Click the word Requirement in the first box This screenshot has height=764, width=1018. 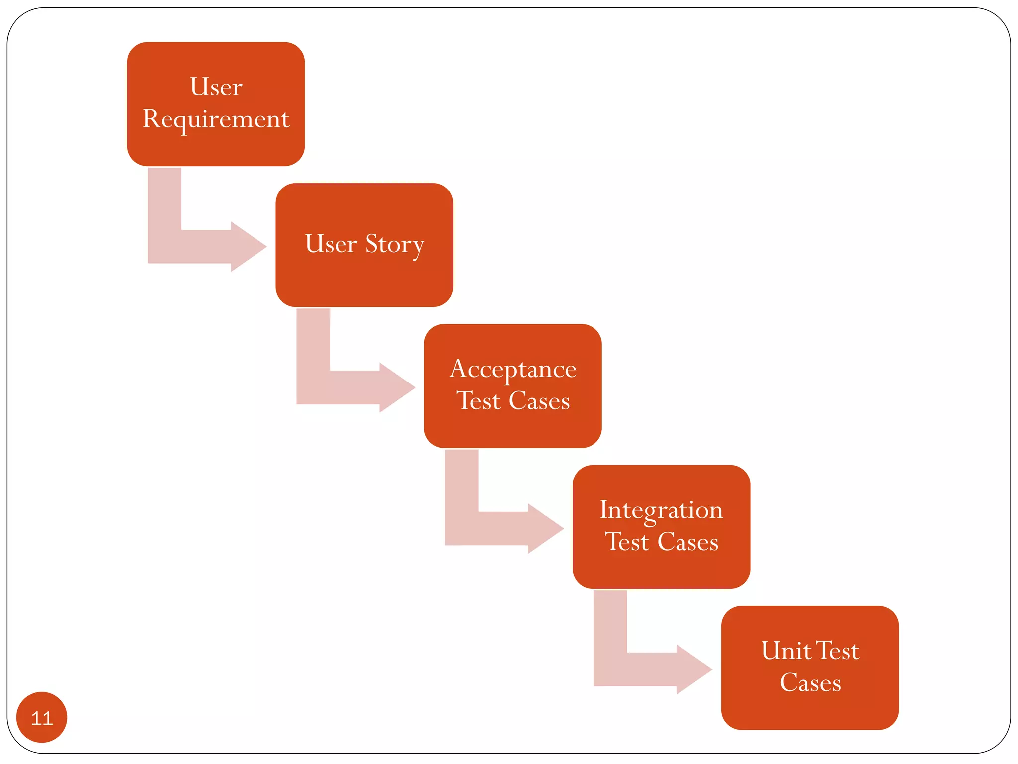[x=216, y=119]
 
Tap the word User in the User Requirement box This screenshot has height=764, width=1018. [x=216, y=87]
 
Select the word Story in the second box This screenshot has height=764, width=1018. [x=395, y=245]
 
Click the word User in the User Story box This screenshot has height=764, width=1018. [x=331, y=244]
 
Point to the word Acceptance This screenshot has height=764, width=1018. [x=513, y=370]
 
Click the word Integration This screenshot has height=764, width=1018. [x=661, y=510]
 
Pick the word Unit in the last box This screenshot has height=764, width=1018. [x=786, y=651]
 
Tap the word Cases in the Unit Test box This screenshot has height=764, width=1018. [x=810, y=683]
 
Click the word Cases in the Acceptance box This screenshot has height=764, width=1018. [x=539, y=401]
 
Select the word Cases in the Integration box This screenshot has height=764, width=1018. [x=688, y=542]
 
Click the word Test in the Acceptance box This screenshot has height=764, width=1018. [x=478, y=401]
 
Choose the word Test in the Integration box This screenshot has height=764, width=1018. [x=627, y=542]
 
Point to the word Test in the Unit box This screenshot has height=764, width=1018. [x=838, y=651]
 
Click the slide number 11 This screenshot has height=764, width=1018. [x=42, y=718]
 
